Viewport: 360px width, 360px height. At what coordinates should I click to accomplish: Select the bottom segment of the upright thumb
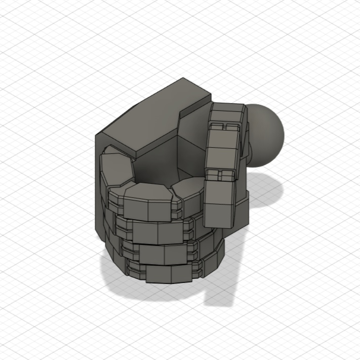[219, 203]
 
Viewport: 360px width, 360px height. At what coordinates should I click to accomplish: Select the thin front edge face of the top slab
[167, 137]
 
